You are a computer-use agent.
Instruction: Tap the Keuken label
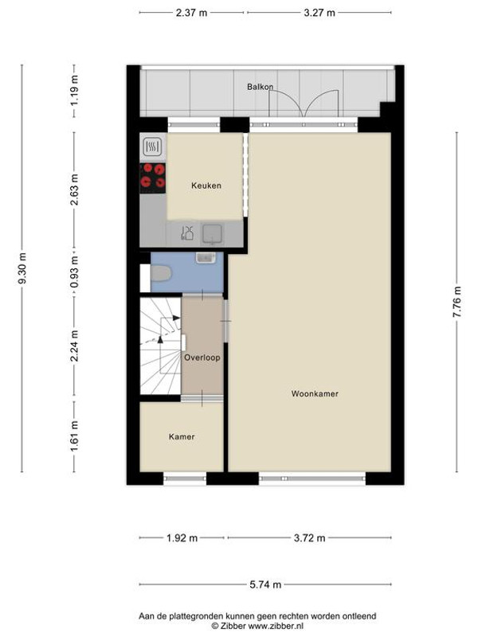[206, 186]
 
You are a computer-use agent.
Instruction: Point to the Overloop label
[202, 358]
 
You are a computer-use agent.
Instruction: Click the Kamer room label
[181, 436]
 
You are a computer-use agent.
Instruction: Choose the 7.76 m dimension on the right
[457, 303]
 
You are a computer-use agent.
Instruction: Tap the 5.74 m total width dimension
[265, 585]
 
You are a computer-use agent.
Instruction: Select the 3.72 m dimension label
[308, 538]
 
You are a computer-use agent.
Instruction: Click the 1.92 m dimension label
[182, 538]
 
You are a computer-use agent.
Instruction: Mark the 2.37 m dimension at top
[192, 13]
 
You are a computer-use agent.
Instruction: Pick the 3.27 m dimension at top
[319, 13]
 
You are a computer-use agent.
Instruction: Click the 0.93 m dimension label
[75, 271]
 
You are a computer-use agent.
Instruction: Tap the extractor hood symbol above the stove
[152, 146]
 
